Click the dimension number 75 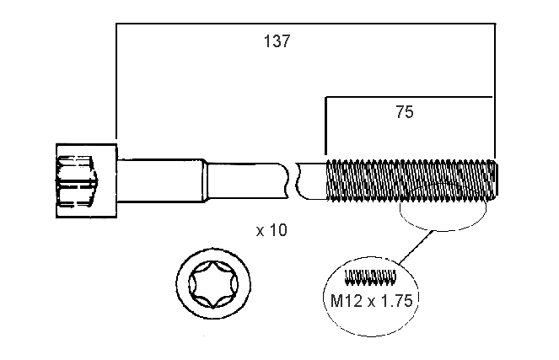tap(405, 112)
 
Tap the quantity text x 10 tap(271, 229)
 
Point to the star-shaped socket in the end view tap(214, 284)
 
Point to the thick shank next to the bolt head tap(160, 180)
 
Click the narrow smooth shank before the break tap(249, 180)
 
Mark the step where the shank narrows tap(204, 180)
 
